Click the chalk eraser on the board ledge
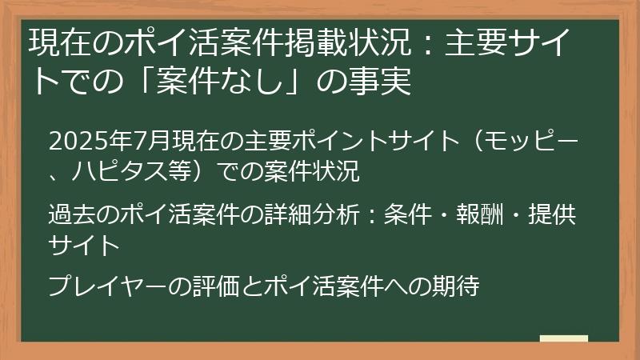click(x=563, y=339)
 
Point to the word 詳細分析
click(x=323, y=214)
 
